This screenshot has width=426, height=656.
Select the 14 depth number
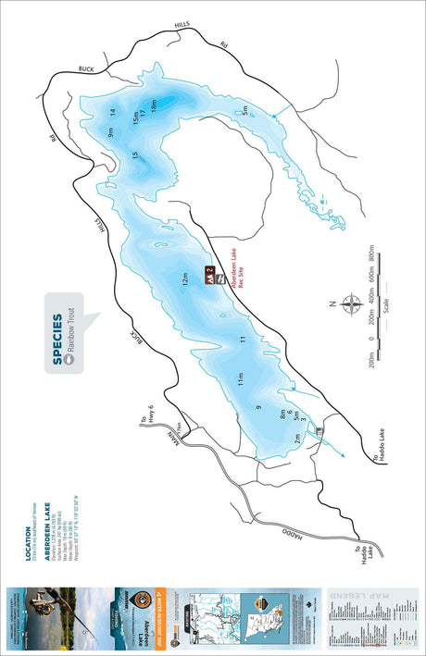pyautogui.click(x=111, y=113)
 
